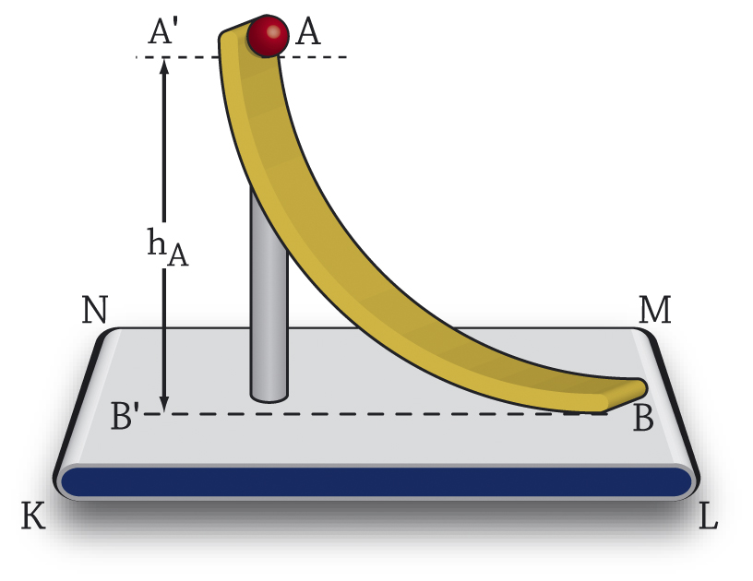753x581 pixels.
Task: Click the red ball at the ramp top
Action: point(269,36)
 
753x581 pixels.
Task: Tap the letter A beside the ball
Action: point(308,33)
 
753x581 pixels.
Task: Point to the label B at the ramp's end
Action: point(643,420)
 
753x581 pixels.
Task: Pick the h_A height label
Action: point(167,247)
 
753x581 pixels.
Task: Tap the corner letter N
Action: point(94,310)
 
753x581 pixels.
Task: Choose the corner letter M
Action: point(654,311)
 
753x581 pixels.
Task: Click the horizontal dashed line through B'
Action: point(369,413)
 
